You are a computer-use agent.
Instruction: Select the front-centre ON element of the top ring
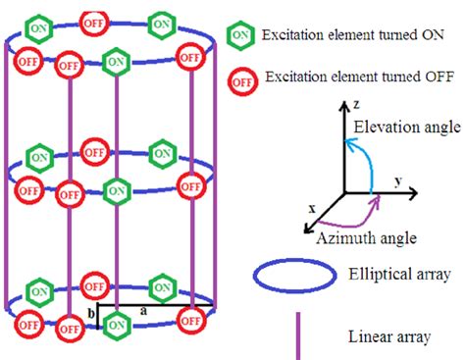[x=117, y=62]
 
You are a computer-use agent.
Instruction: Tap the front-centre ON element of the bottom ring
[x=117, y=323]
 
